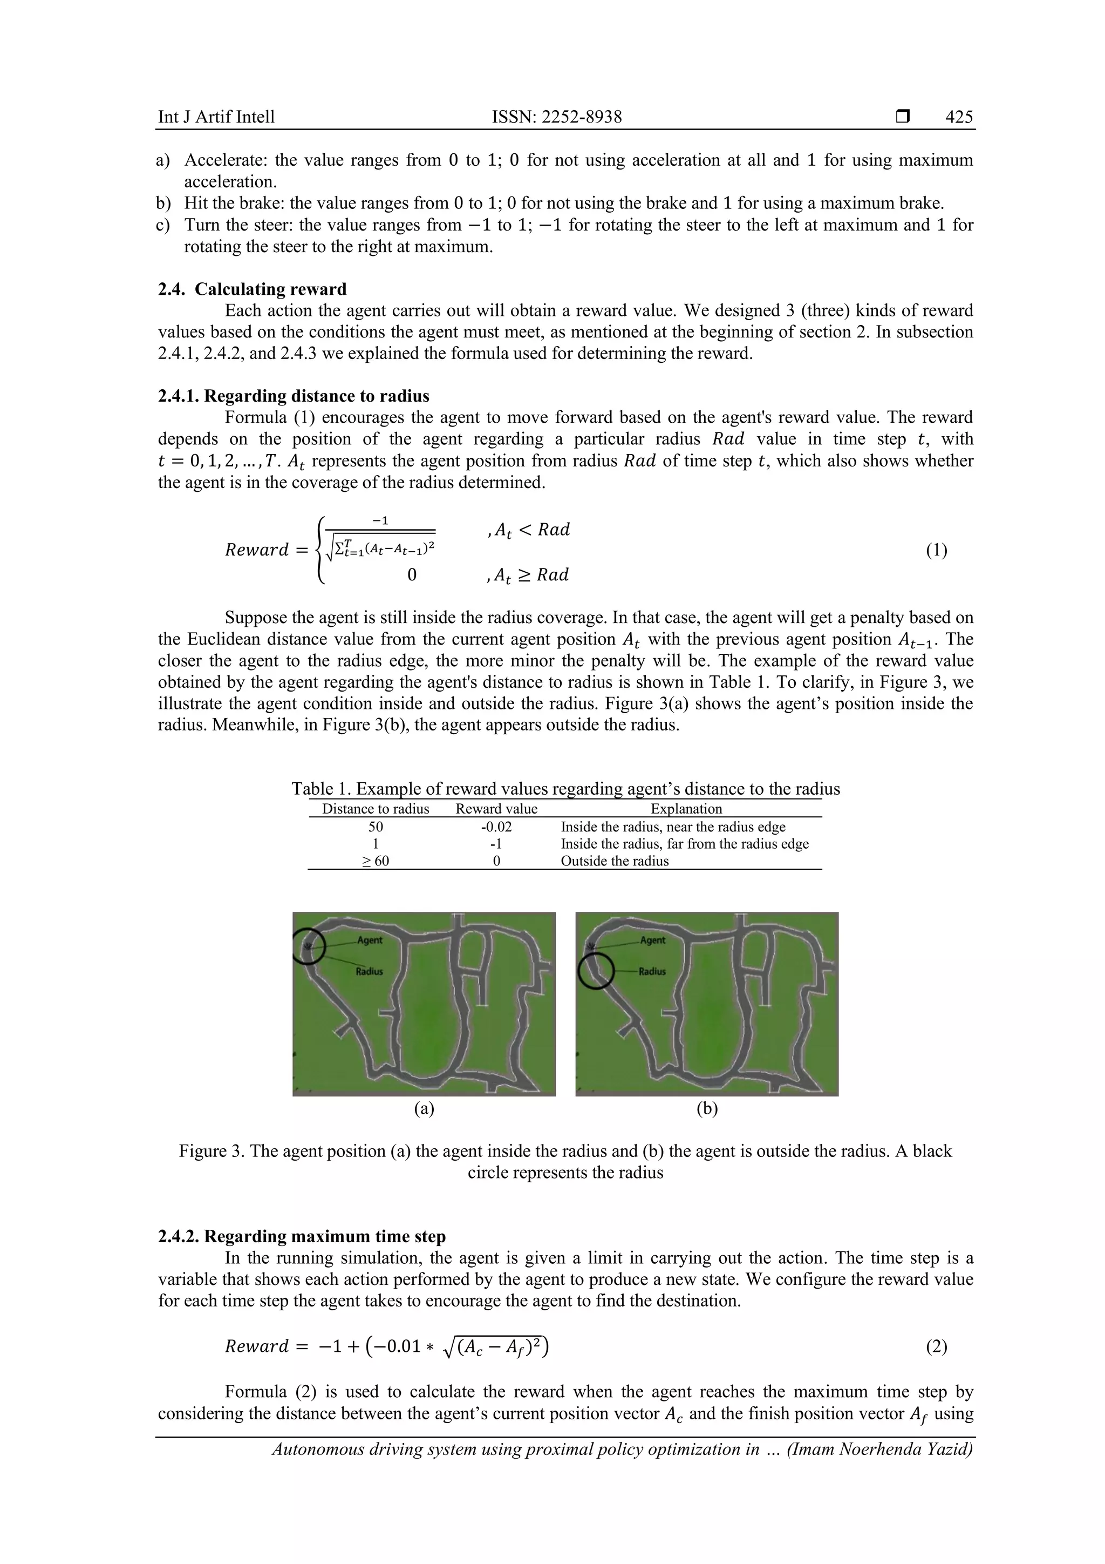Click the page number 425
click(959, 117)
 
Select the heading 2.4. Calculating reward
click(252, 289)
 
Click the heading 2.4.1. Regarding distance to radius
click(294, 396)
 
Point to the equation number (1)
click(936, 551)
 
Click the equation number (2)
click(936, 1346)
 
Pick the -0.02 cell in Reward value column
click(496, 827)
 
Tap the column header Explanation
click(686, 809)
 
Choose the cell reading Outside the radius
click(615, 861)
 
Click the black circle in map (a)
click(309, 947)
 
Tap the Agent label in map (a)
click(370, 940)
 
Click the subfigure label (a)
click(424, 1109)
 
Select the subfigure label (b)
click(707, 1109)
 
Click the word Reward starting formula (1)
click(257, 551)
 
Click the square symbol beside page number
click(903, 117)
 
